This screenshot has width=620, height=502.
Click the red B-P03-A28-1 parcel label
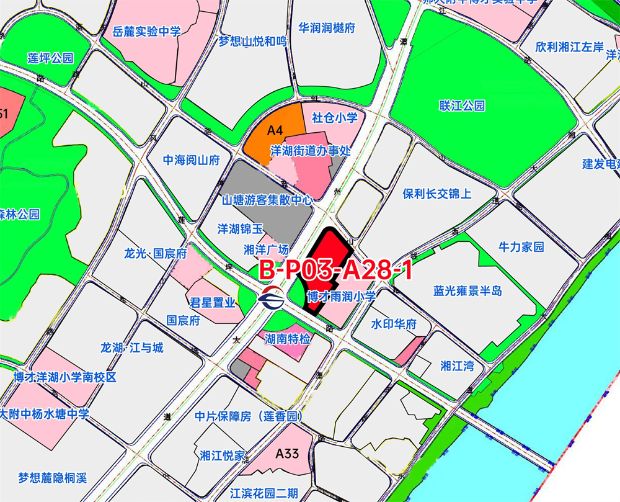tap(335, 271)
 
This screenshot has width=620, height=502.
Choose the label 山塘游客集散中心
tap(267, 201)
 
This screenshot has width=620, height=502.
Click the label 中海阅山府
tap(192, 160)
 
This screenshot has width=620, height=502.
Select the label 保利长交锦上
tap(436, 194)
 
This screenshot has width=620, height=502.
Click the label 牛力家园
tap(521, 246)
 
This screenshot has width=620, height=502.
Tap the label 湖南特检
tap(288, 338)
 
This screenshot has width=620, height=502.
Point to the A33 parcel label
tap(288, 454)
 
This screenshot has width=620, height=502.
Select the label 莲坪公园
tap(50, 58)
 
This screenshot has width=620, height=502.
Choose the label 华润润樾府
tap(327, 28)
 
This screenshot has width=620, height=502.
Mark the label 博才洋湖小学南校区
tap(65, 377)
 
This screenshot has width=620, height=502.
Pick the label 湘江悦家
tap(223, 455)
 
